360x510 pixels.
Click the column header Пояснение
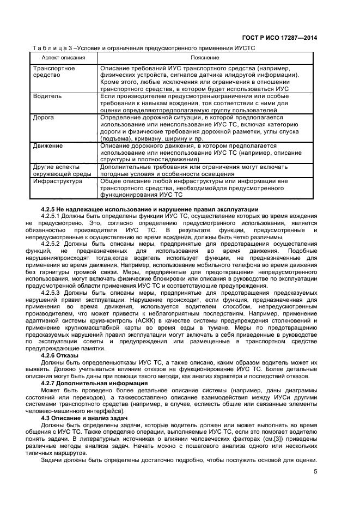(205, 57)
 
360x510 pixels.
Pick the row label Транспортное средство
(54, 72)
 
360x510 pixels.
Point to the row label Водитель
(47, 96)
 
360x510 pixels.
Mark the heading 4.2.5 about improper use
(142, 209)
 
